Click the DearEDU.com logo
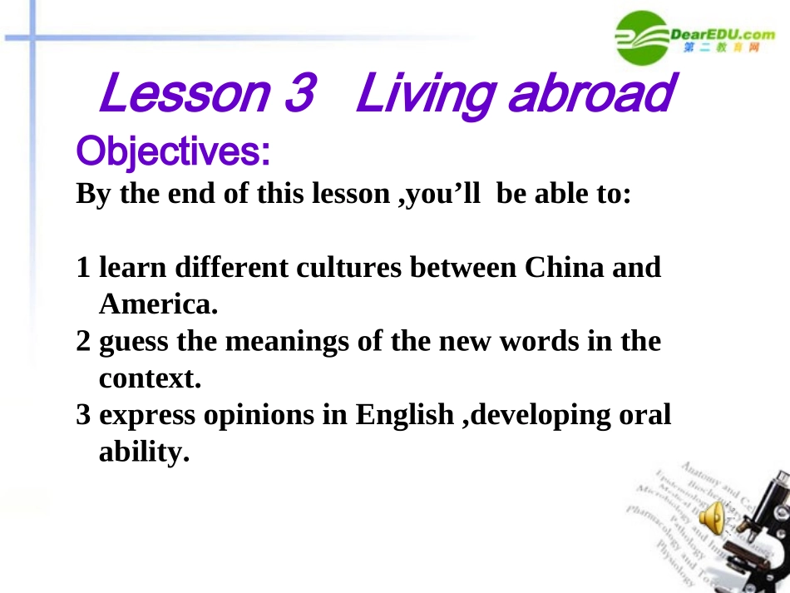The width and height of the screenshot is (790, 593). [x=695, y=37]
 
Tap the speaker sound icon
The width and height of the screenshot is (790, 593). [x=712, y=520]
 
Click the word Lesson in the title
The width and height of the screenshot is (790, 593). [x=182, y=94]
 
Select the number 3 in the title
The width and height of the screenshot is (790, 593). [x=297, y=94]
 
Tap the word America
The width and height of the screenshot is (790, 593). [x=157, y=305]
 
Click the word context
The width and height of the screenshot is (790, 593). [x=151, y=378]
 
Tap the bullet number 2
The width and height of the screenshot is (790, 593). [x=83, y=341]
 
